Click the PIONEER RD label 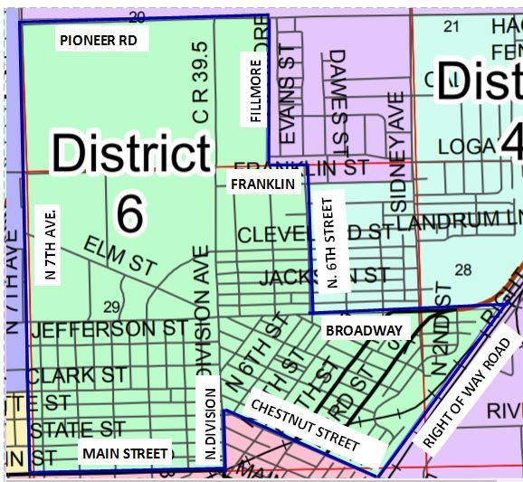[100, 41]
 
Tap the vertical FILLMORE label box [255, 91]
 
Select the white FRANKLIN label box [262, 184]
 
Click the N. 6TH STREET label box [335, 244]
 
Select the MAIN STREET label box [124, 452]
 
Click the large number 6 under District [130, 213]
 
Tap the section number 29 [113, 307]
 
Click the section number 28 [463, 269]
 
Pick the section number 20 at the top [138, 17]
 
